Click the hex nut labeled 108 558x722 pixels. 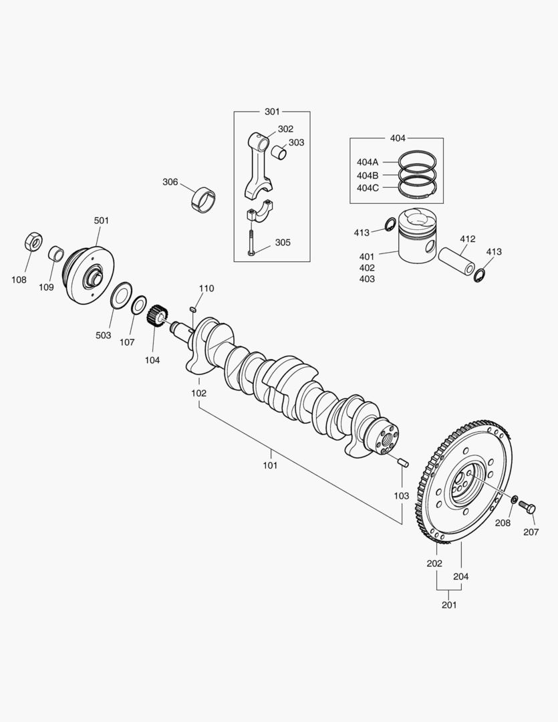(x=33, y=241)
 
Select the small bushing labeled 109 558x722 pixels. (x=57, y=255)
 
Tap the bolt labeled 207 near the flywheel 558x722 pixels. (x=527, y=507)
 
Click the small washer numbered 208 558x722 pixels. (x=513, y=500)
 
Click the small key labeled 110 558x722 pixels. (x=192, y=308)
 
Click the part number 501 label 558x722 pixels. (x=101, y=220)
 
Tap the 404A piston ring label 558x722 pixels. (x=368, y=162)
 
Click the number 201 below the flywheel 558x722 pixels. (x=448, y=605)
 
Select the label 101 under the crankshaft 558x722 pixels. (x=269, y=465)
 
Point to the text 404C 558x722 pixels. (x=368, y=188)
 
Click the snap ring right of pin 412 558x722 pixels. (x=479, y=274)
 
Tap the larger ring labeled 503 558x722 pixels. (x=120, y=295)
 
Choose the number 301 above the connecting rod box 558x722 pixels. (x=272, y=112)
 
